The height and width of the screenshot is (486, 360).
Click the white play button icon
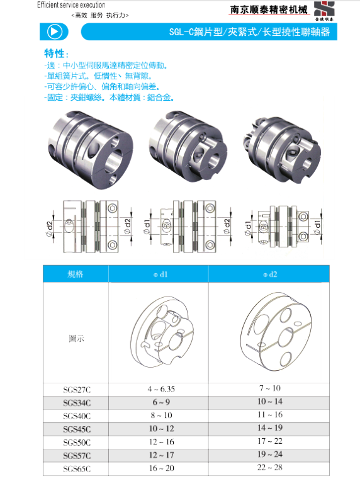55,31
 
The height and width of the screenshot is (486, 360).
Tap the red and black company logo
324,11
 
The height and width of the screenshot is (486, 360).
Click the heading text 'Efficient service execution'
71,5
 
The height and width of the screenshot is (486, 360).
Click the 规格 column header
76,274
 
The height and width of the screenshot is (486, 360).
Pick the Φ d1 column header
160,274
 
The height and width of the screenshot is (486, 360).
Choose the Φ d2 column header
270,274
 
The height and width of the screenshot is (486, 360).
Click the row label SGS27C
77,390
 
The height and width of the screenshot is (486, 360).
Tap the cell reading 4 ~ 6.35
161,389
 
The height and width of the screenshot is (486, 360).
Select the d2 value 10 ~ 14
270,402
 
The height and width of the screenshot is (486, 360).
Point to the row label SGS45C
77,429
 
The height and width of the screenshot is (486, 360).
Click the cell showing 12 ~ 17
161,455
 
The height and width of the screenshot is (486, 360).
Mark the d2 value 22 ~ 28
270,467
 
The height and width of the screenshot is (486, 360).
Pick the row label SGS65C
77,468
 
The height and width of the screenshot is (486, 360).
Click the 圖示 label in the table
76,338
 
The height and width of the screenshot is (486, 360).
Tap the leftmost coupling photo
90,149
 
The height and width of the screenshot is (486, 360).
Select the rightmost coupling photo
283,149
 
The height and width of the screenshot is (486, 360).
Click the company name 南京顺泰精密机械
269,9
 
